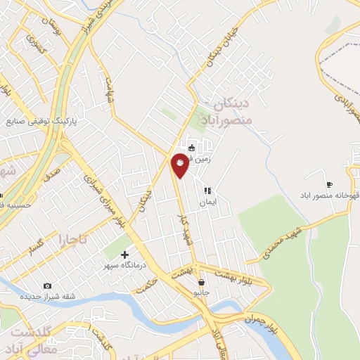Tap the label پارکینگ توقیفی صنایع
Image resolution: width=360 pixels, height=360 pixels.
click(x=42, y=121)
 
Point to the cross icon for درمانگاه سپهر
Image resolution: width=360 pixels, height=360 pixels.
click(x=125, y=255)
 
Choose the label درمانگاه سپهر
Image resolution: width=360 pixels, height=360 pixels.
click(x=122, y=265)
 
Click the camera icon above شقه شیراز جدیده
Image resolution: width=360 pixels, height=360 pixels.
click(x=47, y=285)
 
